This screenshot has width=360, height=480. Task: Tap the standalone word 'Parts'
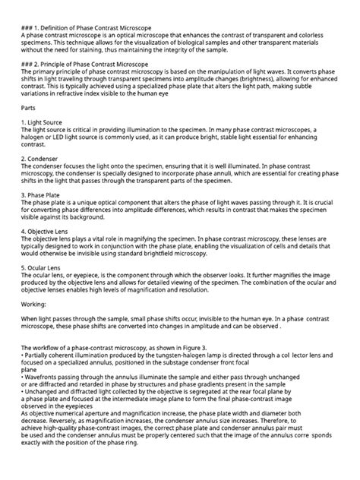point(28,108)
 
